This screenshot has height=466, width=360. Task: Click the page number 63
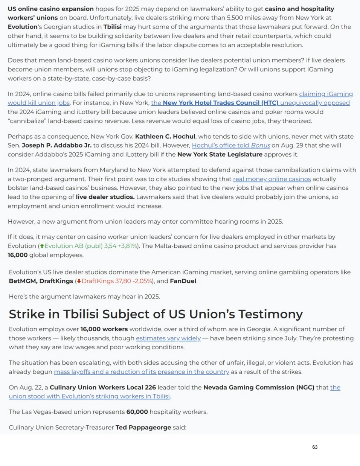point(315,447)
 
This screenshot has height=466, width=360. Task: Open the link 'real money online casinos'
point(272,179)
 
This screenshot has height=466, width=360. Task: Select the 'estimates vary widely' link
point(168,338)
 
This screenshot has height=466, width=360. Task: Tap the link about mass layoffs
point(142,372)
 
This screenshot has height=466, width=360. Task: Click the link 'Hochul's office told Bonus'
point(231,145)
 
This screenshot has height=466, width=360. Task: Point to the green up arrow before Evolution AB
point(42,246)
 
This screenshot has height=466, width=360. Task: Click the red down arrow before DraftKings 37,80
point(79,281)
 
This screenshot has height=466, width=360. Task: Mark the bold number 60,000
point(137,412)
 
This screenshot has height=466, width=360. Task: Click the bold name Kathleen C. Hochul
point(165,136)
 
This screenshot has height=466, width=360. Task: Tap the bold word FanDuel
point(183,281)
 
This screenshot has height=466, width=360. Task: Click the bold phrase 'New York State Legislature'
point(220,155)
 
